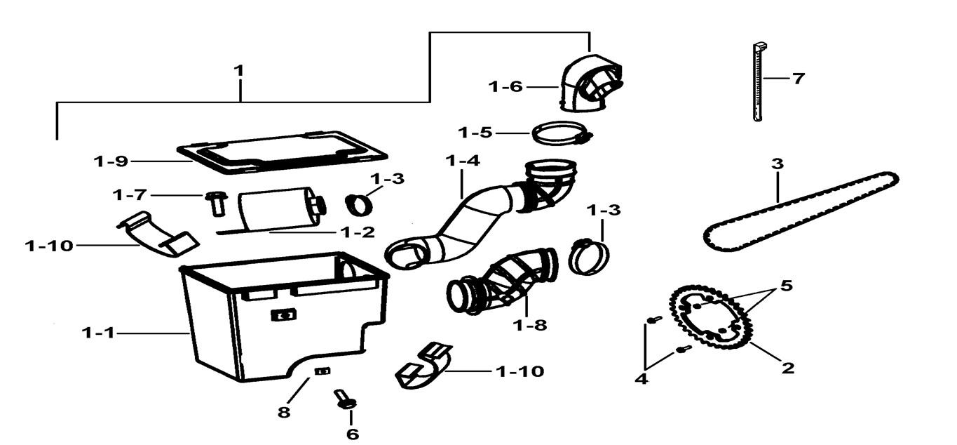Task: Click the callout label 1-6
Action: coord(505,87)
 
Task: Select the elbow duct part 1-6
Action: coord(590,83)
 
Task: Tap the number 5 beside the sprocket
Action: coord(786,286)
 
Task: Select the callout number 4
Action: coord(642,378)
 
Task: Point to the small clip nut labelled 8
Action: coord(322,371)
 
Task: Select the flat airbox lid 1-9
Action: coord(282,152)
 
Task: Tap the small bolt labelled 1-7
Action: coord(216,204)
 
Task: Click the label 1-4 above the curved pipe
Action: coord(462,161)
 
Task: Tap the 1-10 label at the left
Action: coord(49,246)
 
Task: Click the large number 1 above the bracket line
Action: coord(240,71)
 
